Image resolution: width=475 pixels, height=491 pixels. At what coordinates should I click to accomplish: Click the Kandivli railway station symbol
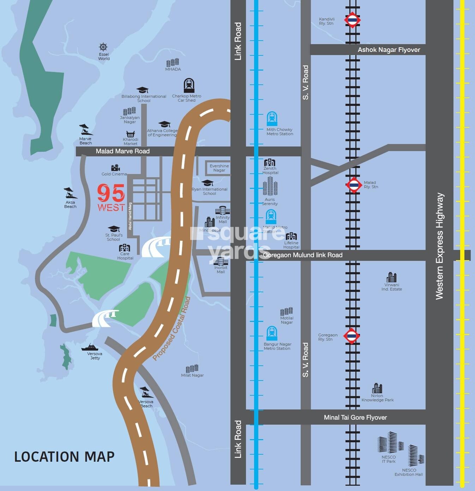(352, 20)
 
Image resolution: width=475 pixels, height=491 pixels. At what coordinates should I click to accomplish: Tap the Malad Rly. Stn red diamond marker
(354, 185)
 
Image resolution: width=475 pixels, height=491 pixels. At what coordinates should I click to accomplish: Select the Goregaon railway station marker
(351, 336)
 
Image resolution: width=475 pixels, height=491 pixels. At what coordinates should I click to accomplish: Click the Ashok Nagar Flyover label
(389, 50)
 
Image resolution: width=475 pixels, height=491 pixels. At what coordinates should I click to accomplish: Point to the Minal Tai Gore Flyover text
(355, 417)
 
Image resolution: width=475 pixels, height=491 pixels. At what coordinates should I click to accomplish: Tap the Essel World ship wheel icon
(103, 47)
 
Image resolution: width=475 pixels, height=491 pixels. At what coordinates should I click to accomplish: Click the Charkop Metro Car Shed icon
(189, 86)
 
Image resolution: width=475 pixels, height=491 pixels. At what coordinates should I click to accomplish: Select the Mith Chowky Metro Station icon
(272, 119)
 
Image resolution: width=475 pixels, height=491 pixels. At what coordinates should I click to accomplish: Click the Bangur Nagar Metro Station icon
(271, 333)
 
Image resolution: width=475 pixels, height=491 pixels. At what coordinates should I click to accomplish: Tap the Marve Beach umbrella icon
(85, 130)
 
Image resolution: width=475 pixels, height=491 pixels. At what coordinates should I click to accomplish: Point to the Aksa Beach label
(70, 204)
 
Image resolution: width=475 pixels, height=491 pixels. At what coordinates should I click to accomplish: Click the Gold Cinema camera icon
(115, 168)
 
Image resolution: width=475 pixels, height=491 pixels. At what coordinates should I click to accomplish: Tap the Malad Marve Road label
(122, 151)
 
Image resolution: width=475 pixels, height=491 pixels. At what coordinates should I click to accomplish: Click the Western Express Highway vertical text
(439, 246)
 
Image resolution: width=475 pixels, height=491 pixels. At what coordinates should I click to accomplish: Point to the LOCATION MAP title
(64, 457)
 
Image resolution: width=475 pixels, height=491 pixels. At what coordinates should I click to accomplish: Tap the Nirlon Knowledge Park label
(377, 398)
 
